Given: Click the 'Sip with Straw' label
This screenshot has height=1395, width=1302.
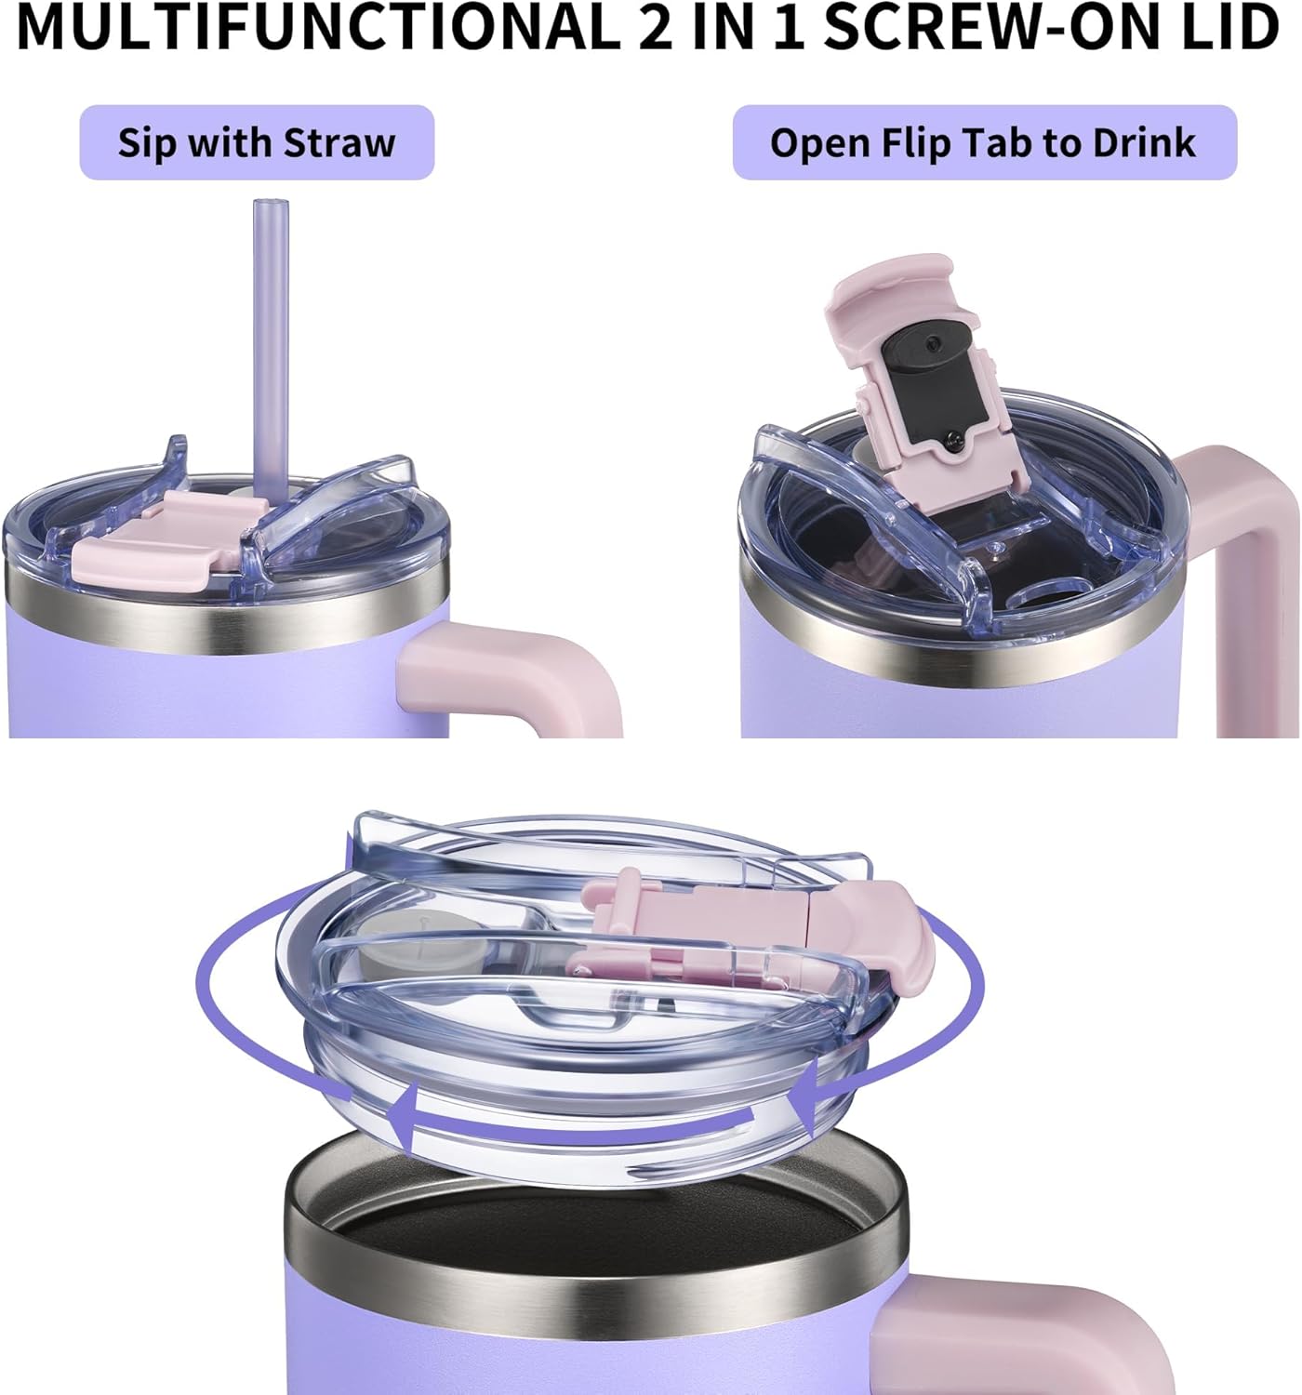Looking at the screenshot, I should (x=257, y=143).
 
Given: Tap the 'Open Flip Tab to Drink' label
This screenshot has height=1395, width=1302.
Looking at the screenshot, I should (x=984, y=143).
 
